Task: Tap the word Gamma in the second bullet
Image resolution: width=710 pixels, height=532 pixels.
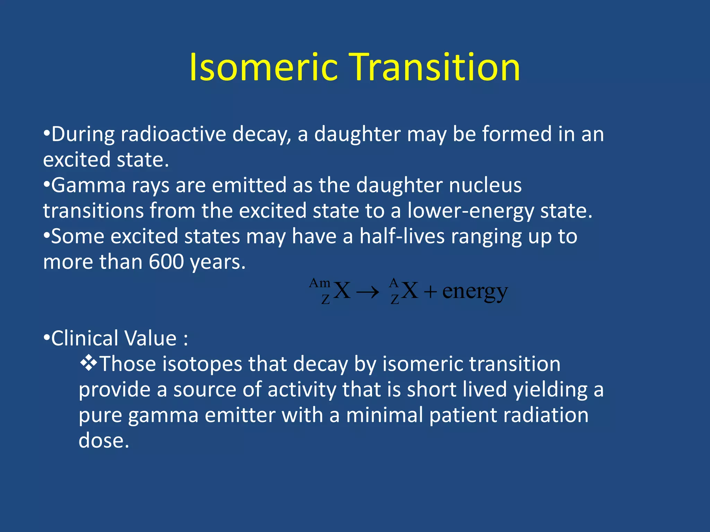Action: click(x=88, y=185)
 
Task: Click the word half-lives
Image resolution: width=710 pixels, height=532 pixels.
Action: click(x=402, y=236)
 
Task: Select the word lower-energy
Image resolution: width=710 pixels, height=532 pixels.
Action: click(x=470, y=211)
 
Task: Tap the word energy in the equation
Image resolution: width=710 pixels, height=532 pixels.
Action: click(x=475, y=292)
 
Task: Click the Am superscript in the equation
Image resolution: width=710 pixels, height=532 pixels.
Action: click(x=320, y=283)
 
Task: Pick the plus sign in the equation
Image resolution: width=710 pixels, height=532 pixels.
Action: click(x=430, y=292)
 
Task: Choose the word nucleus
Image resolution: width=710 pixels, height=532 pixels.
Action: click(x=485, y=185)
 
